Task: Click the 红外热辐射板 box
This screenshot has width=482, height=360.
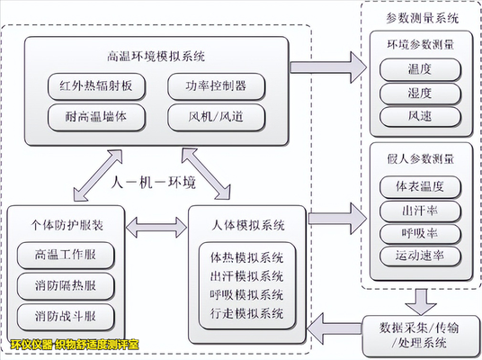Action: click(92, 86)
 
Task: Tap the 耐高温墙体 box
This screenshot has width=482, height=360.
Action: click(92, 117)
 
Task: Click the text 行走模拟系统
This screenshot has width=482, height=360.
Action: click(246, 314)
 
